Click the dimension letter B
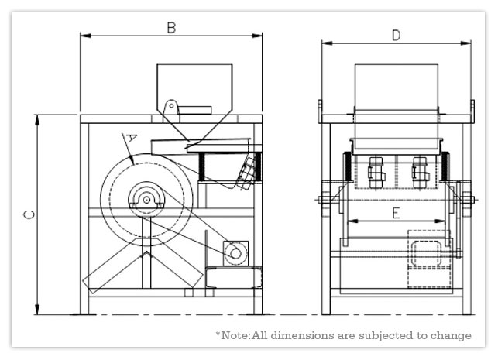[x=172, y=28]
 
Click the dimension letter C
[x=28, y=215]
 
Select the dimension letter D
[x=396, y=34]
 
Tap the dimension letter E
[x=396, y=213]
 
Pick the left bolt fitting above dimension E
[x=376, y=172]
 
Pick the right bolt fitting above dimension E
[x=420, y=172]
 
